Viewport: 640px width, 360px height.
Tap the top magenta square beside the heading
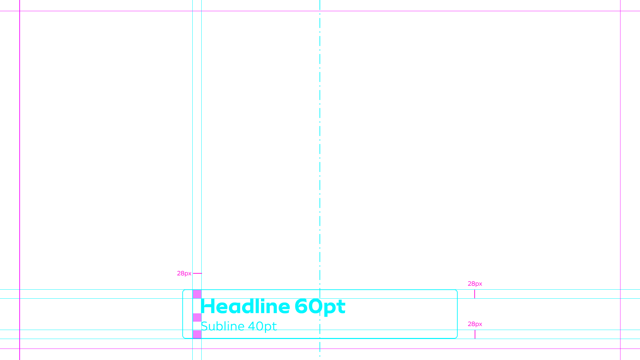pos(197,294)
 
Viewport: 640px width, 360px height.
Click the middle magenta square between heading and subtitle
pos(197,317)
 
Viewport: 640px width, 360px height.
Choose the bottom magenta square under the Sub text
pos(197,334)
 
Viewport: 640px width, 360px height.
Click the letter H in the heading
pos(208,307)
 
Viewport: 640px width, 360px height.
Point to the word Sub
pos(212,326)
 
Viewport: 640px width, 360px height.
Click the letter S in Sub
pos(204,326)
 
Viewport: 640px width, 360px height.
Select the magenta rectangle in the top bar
pos(553,5)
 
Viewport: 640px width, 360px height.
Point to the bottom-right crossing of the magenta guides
pos(620,349)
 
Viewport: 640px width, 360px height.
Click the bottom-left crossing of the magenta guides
pos(20,349)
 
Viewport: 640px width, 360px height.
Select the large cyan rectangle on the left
pos(112,130)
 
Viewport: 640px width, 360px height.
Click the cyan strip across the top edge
pos(233,5)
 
